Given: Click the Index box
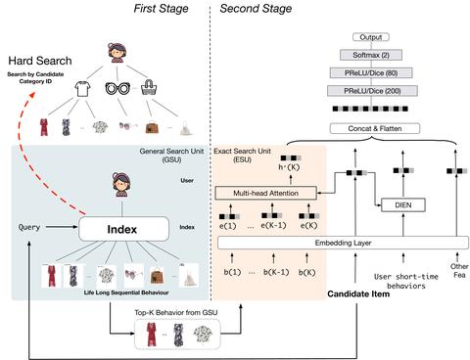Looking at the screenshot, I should pyautogui.click(x=132, y=229).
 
